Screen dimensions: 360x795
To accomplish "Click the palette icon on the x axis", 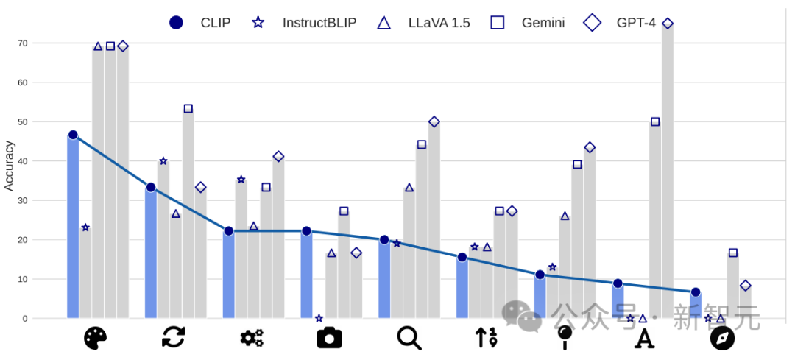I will tap(96, 338).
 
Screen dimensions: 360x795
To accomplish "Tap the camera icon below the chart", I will tap(329, 337).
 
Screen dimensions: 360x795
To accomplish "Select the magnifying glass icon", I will tap(409, 337).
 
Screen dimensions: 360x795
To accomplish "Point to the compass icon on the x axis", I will tap(722, 338).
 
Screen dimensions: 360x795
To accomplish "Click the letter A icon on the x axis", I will tap(644, 338).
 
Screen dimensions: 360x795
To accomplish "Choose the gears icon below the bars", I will tap(252, 338).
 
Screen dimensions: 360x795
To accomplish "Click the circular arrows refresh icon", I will tap(174, 337).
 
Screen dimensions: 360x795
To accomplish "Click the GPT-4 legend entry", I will tap(635, 23).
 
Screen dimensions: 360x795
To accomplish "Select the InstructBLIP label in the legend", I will tap(319, 23).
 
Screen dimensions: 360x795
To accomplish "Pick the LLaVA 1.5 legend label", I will tap(439, 23).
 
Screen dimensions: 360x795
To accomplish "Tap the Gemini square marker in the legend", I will tap(498, 23).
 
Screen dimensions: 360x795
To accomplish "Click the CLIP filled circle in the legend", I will tap(176, 23).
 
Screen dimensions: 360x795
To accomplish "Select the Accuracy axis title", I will tap(9, 166).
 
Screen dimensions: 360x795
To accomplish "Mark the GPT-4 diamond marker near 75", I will tap(668, 24).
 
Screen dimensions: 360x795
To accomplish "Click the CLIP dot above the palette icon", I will tap(73, 135).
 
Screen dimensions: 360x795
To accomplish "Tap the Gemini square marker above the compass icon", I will tap(732, 253).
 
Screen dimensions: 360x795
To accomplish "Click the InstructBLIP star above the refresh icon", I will tap(163, 161).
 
